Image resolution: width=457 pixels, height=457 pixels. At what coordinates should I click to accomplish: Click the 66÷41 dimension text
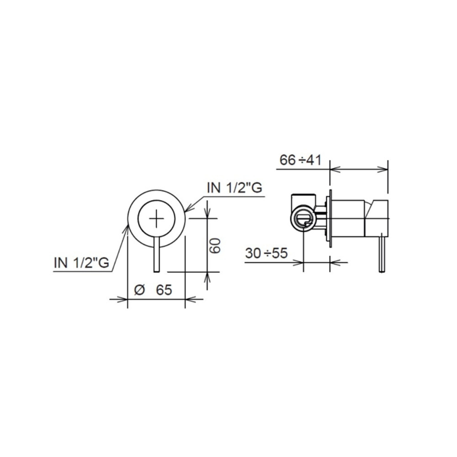(x=300, y=160)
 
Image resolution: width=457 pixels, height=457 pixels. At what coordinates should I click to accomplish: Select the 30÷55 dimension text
(x=266, y=253)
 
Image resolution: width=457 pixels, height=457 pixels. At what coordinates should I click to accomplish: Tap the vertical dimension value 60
(x=215, y=245)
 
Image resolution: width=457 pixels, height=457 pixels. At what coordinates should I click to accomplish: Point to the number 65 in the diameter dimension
(x=164, y=290)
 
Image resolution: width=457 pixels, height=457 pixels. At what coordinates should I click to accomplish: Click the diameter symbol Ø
(x=139, y=290)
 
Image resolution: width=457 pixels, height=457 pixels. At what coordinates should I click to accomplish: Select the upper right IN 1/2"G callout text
(x=234, y=187)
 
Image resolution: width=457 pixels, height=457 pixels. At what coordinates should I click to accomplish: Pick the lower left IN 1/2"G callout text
(x=82, y=263)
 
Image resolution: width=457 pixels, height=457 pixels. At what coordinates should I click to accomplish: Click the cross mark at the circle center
(x=156, y=218)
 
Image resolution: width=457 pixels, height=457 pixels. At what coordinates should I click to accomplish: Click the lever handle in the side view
(x=382, y=253)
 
